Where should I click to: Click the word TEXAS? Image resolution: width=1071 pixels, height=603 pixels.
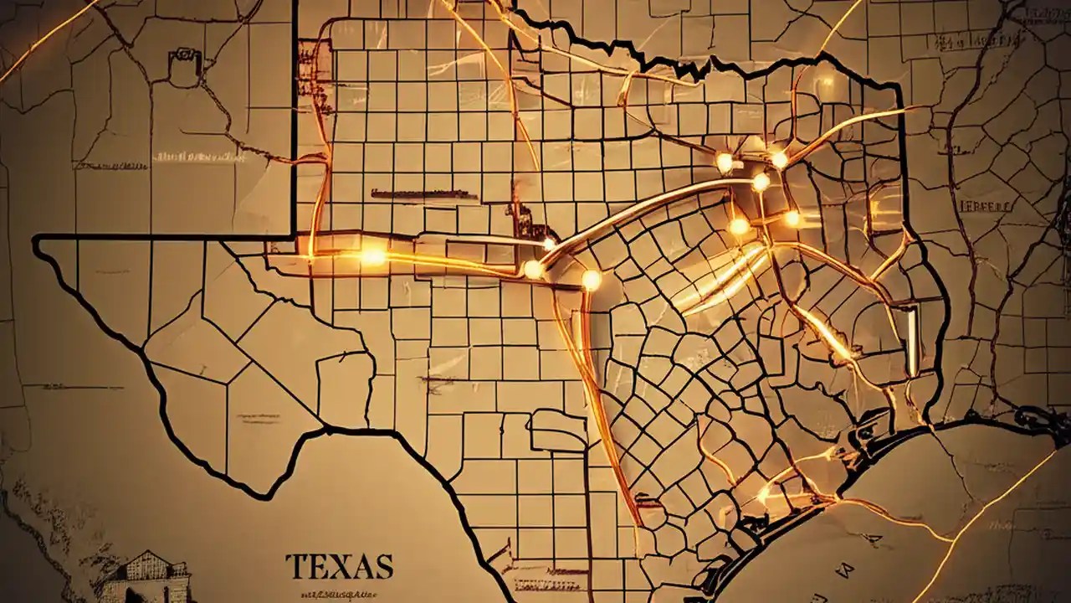coord(339,567)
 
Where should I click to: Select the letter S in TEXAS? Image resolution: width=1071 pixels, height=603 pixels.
coord(383,567)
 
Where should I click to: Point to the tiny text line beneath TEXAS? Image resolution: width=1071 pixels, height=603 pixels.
coord(340,590)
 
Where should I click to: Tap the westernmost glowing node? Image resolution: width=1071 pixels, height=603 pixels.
coord(372,256)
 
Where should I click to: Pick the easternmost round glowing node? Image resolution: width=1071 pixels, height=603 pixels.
coord(792,219)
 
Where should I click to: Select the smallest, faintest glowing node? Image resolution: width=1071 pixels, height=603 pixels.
coord(549,244)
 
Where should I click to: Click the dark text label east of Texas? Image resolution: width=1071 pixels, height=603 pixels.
coord(985,205)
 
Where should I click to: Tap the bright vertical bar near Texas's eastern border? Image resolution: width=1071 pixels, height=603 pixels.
coord(911,339)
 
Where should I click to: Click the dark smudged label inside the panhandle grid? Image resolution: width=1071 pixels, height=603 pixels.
coord(423,194)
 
